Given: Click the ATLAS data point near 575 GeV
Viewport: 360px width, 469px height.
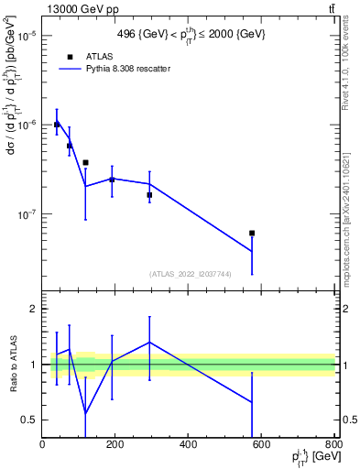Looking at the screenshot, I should click(x=252, y=233).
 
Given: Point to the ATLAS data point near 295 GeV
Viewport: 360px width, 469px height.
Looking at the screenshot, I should click(x=149, y=194).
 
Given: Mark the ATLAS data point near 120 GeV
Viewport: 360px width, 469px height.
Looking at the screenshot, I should click(x=85, y=162).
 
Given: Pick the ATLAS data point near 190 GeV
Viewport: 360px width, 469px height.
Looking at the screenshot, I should click(x=112, y=180).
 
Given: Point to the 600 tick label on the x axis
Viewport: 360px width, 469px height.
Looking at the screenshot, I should click(x=262, y=444).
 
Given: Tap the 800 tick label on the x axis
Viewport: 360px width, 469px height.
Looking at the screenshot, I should click(x=333, y=444).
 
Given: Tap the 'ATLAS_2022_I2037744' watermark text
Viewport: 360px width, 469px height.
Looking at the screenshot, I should click(x=189, y=274).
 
